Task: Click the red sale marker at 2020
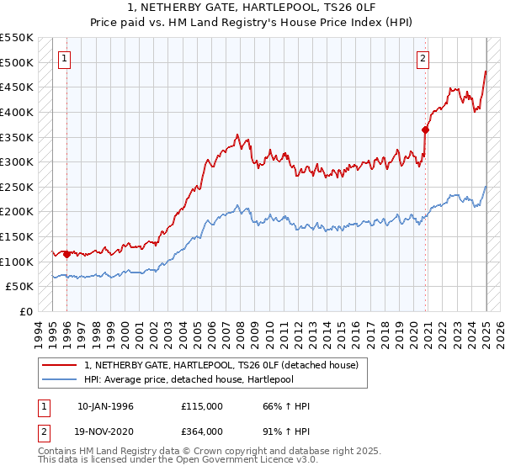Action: pyautogui.click(x=425, y=130)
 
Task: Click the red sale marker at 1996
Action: pyautogui.click(x=66, y=253)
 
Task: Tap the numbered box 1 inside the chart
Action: pyautogui.click(x=65, y=59)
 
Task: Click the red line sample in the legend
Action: pyautogui.click(x=60, y=365)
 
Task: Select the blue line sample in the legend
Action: pyautogui.click(x=60, y=379)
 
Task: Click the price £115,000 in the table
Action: pyautogui.click(x=202, y=406)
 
